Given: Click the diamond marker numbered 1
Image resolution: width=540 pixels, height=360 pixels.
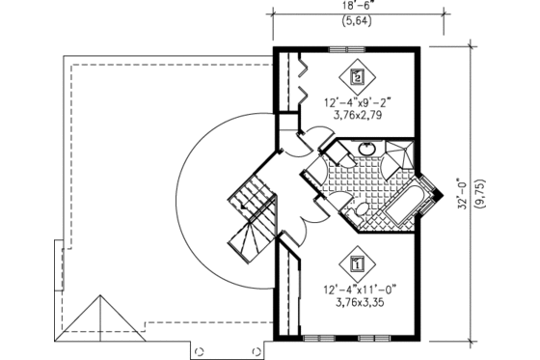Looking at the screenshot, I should pos(359,262).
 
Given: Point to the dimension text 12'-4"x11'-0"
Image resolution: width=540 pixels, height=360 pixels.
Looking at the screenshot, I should pos(347,286).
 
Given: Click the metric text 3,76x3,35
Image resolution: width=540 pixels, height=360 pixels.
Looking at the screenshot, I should pos(346,300).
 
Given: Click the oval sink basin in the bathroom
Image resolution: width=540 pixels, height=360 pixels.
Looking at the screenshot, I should pos(367,150).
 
